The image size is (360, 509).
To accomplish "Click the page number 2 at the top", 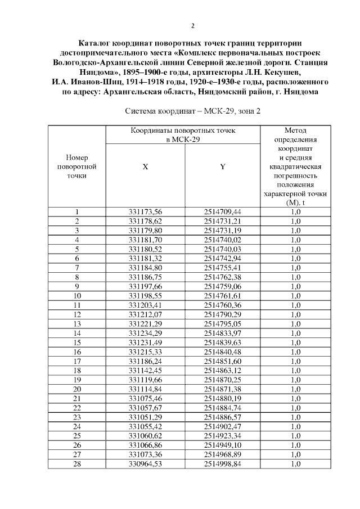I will point(193,25).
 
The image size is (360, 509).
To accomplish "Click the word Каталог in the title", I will point(98,43).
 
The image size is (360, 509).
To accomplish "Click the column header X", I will point(145,167).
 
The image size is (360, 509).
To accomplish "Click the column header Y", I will point(222,167).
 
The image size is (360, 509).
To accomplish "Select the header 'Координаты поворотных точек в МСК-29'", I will point(183,134).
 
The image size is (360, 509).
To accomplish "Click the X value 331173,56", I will point(145,212).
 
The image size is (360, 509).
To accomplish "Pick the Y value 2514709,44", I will point(222,212).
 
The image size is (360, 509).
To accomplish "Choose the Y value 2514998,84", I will point(222,465).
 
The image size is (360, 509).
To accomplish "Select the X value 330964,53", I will point(145,465).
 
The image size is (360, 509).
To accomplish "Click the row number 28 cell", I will point(76,465).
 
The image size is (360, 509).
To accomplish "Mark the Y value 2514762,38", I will point(222,277).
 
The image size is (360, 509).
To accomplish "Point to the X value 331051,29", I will point(145,418).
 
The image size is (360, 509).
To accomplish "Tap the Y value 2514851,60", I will point(222,361).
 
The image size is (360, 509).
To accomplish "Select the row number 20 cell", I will point(76,389).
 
